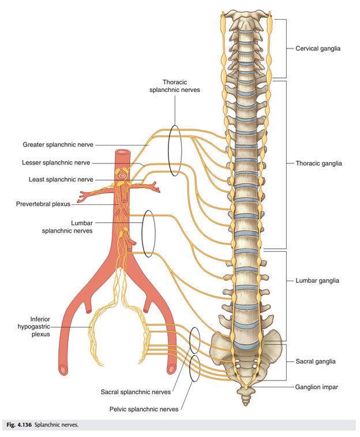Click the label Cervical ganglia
(318, 48)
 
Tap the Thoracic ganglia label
(318, 163)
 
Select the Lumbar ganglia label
(317, 281)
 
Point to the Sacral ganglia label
(316, 361)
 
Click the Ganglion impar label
(317, 387)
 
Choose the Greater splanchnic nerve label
(58, 145)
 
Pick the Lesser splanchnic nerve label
(56, 162)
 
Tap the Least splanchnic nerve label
(61, 180)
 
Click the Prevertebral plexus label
(43, 204)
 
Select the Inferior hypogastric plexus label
(34, 327)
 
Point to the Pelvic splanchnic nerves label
(144, 409)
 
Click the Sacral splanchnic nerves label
(136, 392)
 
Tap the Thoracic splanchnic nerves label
(175, 86)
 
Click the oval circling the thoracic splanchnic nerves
(168, 151)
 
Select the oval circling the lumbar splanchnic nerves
(142, 234)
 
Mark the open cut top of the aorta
(122, 152)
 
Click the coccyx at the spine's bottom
(246, 397)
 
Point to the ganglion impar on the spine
(246, 387)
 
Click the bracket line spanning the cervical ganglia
(286, 48)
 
